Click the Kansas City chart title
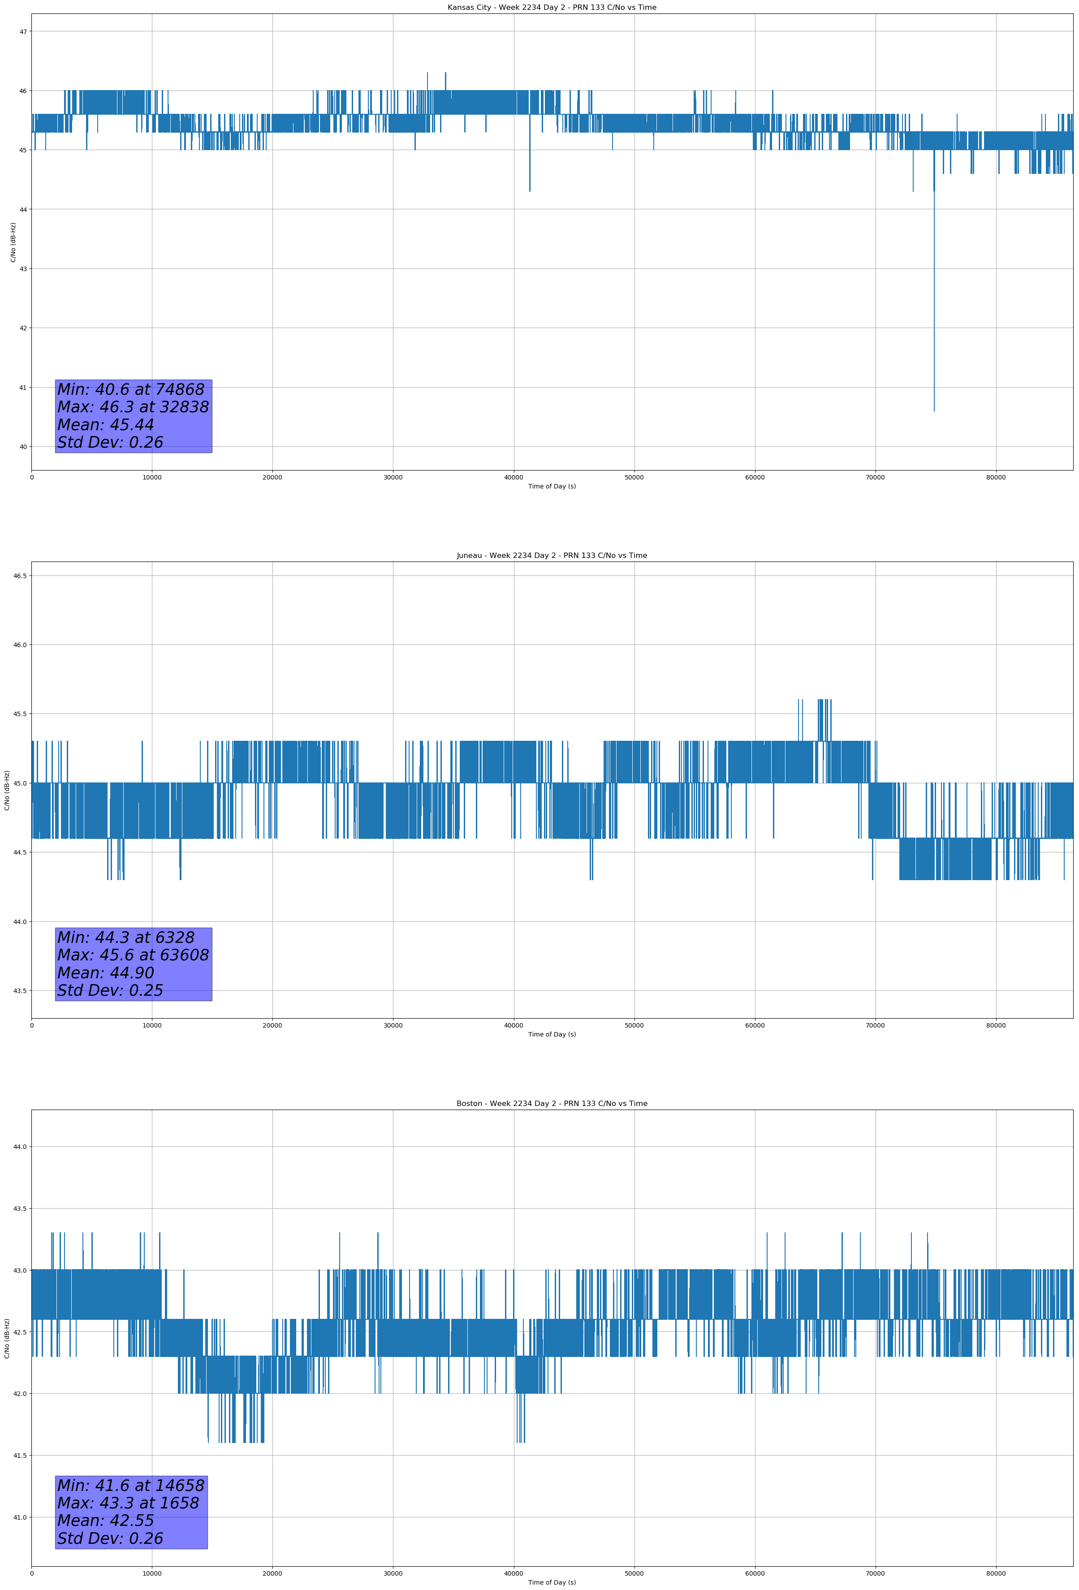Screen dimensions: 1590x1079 tap(552, 8)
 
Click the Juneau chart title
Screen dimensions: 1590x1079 tap(552, 556)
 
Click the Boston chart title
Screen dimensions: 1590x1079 tap(552, 1104)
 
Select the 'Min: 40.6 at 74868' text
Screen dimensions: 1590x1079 tap(131, 389)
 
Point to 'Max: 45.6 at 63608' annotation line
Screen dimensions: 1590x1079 tap(133, 955)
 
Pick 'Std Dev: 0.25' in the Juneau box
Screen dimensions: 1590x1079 tap(110, 991)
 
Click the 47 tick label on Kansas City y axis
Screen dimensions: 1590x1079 tap(23, 31)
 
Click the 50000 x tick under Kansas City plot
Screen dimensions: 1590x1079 tap(634, 478)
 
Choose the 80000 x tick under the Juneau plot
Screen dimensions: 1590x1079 tap(996, 1025)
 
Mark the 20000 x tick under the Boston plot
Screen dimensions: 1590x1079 tap(272, 1573)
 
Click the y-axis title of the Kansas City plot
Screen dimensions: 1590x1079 tap(13, 242)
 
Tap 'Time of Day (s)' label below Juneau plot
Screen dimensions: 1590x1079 tap(552, 1034)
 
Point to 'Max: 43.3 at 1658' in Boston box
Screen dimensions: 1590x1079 tap(128, 1503)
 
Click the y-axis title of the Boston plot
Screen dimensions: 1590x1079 tap(7, 1338)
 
